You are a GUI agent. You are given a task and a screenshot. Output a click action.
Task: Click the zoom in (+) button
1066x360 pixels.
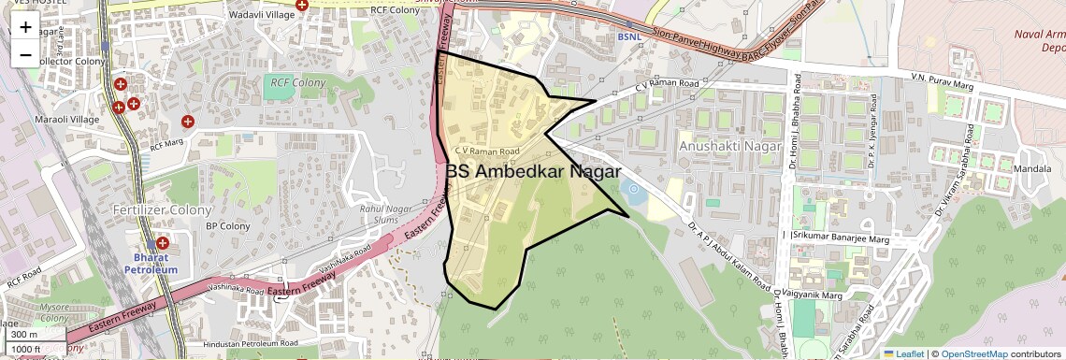(25, 27)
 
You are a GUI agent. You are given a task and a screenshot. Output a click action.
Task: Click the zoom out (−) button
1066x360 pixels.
(25, 54)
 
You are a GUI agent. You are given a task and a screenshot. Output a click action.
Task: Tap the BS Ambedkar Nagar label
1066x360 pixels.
(533, 171)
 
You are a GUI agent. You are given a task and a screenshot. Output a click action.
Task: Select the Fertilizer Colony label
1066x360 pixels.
(163, 209)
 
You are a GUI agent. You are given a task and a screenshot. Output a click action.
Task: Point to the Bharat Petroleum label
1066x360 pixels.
(150, 263)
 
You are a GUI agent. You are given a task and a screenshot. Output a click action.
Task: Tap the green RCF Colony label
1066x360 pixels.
(298, 82)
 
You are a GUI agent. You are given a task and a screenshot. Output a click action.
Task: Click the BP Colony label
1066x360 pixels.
(228, 226)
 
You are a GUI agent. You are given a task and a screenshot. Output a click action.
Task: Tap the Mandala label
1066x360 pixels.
(1031, 169)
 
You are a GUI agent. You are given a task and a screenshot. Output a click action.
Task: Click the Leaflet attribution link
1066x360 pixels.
(902, 353)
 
